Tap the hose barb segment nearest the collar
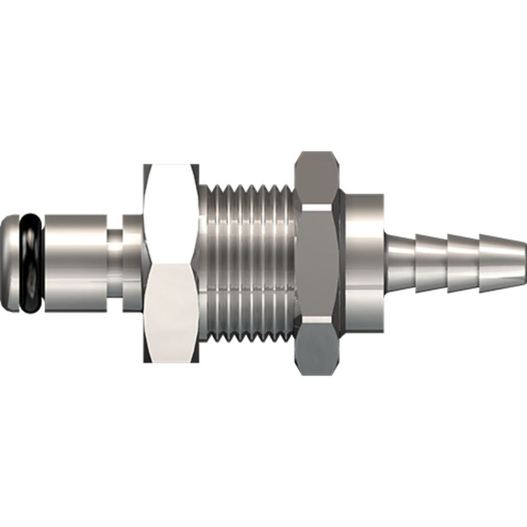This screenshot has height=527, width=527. [x=400, y=247]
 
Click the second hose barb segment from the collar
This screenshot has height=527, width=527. [x=431, y=247]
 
